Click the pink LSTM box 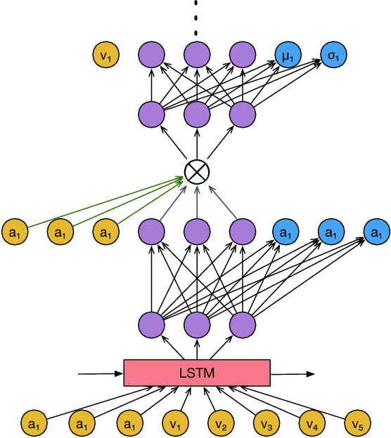pyautogui.click(x=196, y=373)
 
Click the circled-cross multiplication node pyautogui.click(x=196, y=171)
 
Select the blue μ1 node pyautogui.click(x=286, y=54)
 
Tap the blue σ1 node pyautogui.click(x=333, y=54)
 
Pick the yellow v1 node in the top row pyautogui.click(x=106, y=54)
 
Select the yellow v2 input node pyautogui.click(x=219, y=423)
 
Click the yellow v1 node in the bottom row pyautogui.click(x=174, y=423)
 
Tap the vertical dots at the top pyautogui.click(x=197, y=18)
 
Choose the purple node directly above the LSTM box pyautogui.click(x=197, y=325)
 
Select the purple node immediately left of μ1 pyautogui.click(x=242, y=54)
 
